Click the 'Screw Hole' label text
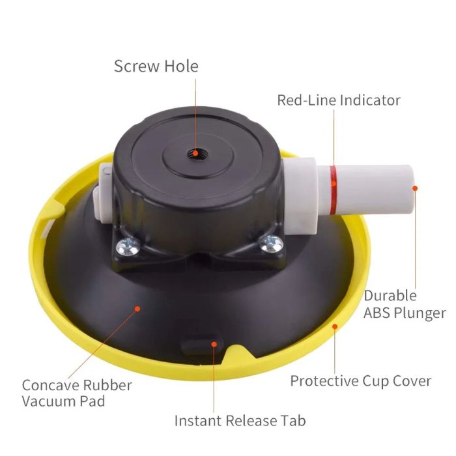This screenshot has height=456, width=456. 156,66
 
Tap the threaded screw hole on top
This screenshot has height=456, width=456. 195,152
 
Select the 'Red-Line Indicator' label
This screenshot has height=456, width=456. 339,100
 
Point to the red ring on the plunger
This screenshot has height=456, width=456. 334,190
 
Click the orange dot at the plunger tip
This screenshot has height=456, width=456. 415,188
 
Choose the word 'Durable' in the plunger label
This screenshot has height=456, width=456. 390,296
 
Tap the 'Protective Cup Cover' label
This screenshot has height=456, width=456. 361,381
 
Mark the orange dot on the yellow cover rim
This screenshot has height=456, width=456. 335,326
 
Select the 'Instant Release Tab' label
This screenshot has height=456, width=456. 240,421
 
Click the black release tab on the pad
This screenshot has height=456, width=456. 201,345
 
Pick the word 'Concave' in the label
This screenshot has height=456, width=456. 50,385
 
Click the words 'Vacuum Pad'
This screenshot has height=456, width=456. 63,401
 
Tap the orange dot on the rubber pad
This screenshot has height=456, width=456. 137,309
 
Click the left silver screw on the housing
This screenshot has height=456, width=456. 128,247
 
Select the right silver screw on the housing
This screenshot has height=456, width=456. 272,244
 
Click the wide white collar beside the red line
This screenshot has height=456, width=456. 301,196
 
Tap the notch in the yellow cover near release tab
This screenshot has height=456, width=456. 238,352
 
